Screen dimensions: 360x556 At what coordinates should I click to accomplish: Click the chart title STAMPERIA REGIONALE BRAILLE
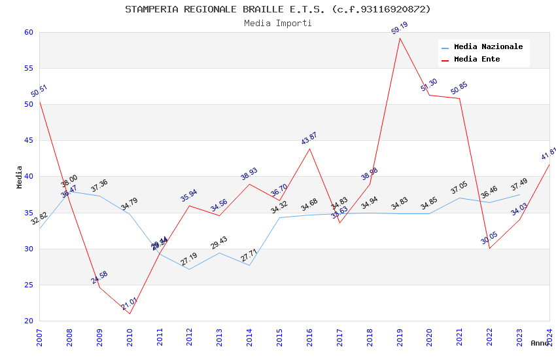277,9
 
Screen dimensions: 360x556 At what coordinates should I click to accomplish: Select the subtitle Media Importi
277,23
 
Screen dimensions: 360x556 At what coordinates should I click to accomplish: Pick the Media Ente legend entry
477,59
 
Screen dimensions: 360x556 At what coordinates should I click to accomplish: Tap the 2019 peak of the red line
400,38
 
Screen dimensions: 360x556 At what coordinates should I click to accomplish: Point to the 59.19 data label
399,28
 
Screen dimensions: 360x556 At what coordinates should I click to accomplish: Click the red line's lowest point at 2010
130,314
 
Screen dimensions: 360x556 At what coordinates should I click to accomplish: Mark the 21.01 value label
129,304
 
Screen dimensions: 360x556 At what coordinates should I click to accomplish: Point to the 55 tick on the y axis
28,68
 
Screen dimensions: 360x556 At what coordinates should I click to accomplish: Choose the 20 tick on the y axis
28,321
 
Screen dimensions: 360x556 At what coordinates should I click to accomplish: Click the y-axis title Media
20,177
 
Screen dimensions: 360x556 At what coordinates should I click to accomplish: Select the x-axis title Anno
540,343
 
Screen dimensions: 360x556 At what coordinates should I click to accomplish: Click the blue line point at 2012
189,269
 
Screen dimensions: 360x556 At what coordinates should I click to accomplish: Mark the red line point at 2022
489,248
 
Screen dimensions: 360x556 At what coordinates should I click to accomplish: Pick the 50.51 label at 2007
39,91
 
